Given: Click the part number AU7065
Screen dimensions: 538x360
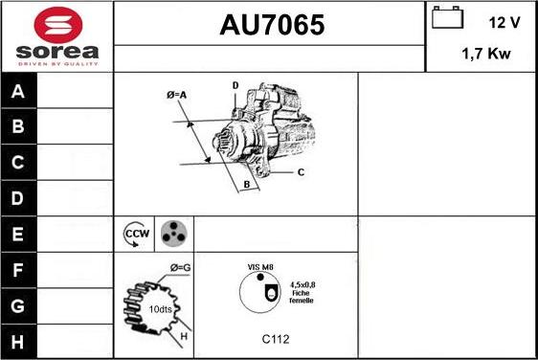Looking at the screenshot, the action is (x=272, y=25).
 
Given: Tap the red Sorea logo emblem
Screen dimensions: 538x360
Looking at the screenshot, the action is (x=58, y=25).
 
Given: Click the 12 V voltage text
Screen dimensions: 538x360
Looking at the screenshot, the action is (x=504, y=23).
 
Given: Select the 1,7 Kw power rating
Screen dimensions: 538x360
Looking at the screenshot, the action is (x=486, y=54).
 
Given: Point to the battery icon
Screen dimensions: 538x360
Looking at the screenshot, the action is (x=447, y=17).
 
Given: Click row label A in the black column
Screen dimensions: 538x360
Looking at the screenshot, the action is (x=18, y=91).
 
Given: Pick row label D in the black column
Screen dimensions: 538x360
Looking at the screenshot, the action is (x=17, y=198).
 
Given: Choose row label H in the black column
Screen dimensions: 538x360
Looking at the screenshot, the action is (x=17, y=342).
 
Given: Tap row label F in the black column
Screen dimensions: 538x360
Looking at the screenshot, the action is (x=17, y=270).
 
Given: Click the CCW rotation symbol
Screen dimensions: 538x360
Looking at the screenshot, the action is (x=137, y=234).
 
